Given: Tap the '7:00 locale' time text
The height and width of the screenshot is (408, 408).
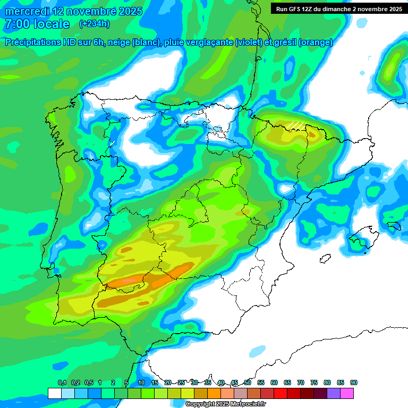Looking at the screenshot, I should click(x=37, y=24).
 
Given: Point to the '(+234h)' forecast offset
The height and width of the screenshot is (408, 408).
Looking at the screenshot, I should click(x=94, y=24).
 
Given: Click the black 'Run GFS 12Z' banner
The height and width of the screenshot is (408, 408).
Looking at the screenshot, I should click(x=337, y=8).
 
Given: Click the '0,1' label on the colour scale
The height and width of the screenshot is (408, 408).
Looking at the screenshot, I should click(x=62, y=382).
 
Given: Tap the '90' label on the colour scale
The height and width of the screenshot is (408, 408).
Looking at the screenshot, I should click(x=353, y=382).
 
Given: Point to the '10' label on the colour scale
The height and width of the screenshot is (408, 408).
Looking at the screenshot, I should click(x=141, y=382).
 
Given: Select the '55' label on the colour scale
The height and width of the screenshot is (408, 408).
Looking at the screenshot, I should click(x=261, y=382).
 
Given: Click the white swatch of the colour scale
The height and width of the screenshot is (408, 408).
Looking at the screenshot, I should click(x=54, y=393).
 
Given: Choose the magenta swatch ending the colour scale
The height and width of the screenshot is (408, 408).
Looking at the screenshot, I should click(x=347, y=393).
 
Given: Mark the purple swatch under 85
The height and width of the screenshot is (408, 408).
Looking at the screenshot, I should click(x=334, y=393).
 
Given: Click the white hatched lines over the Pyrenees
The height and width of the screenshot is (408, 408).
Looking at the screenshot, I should click(x=296, y=125).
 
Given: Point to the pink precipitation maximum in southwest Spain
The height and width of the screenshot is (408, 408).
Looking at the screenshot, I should click(x=130, y=280).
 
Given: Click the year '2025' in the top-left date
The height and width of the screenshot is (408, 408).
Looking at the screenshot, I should click(x=126, y=11).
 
